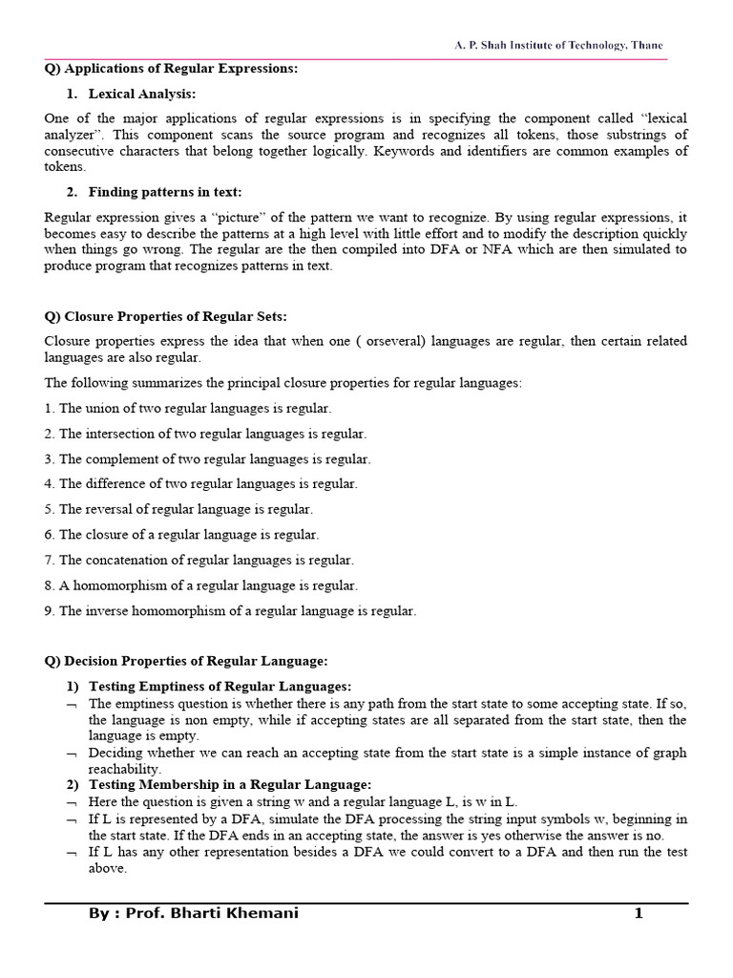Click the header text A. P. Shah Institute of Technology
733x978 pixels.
(558, 46)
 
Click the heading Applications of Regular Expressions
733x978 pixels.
(172, 68)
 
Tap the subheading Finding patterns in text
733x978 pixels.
(164, 192)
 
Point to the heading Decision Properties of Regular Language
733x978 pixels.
(186, 660)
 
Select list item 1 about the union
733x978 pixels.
(188, 408)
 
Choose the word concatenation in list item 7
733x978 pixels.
(128, 560)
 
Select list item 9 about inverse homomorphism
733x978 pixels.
(230, 610)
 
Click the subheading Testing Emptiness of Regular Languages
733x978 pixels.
(220, 686)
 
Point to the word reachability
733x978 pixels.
(125, 769)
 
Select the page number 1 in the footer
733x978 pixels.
(639, 914)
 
